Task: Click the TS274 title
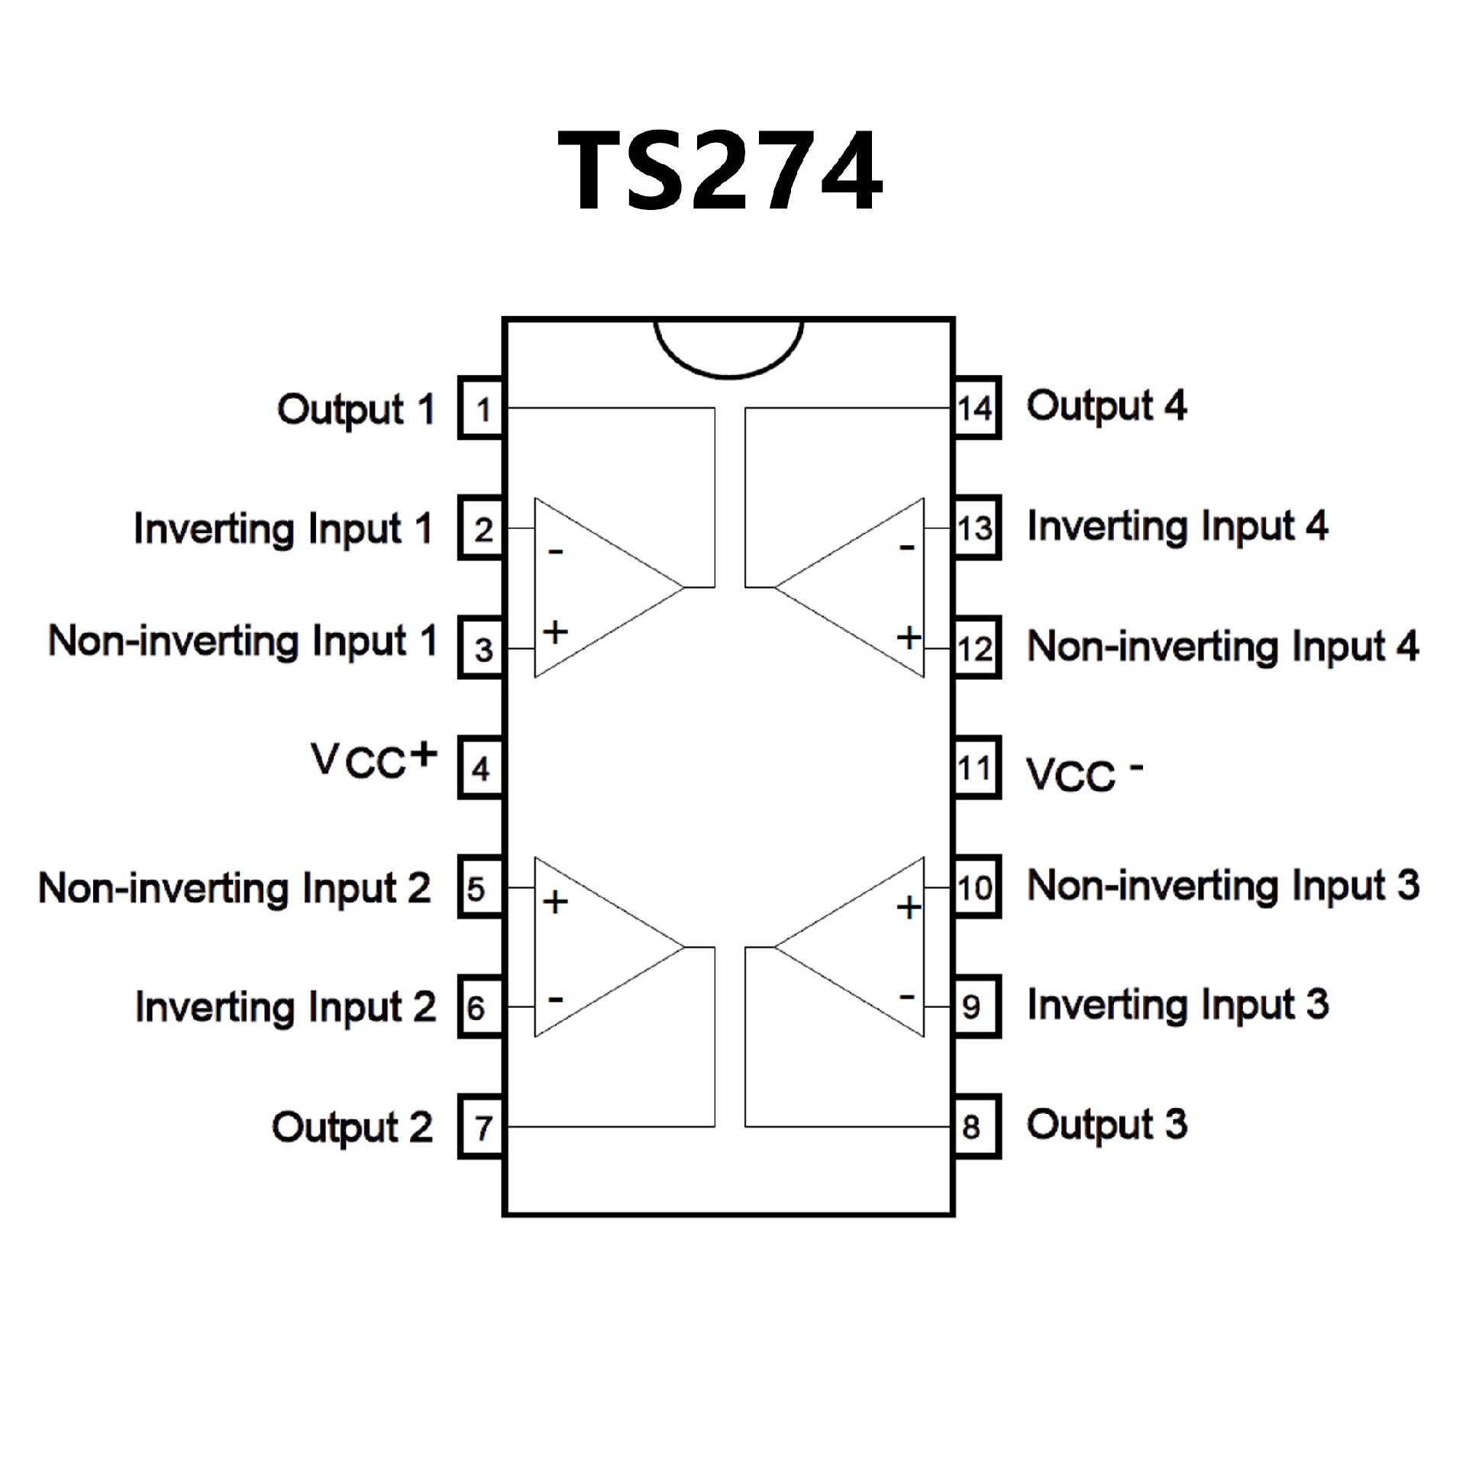pos(720,170)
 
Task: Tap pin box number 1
pos(482,408)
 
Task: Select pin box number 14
pos(976,408)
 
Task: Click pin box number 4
pos(480,768)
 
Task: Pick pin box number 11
pos(976,768)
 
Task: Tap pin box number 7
pos(482,1127)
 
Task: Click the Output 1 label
pos(356,410)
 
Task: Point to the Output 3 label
pos(1107,1125)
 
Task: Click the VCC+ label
pos(373,760)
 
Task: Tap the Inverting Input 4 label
pos(1177,528)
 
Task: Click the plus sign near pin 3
pos(556,631)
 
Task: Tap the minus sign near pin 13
pos(907,547)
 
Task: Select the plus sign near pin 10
pos(909,907)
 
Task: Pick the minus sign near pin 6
pos(556,999)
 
